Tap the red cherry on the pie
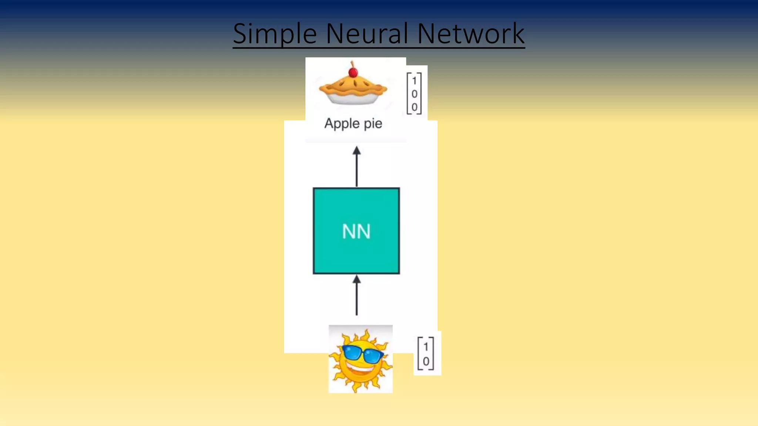(x=353, y=72)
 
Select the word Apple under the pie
(x=342, y=124)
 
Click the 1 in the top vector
(x=414, y=81)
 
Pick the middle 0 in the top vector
(x=414, y=94)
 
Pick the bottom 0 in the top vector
(x=414, y=107)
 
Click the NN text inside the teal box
(x=356, y=232)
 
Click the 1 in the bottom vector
(x=426, y=347)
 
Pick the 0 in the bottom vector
(x=426, y=361)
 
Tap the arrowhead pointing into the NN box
(x=356, y=280)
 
